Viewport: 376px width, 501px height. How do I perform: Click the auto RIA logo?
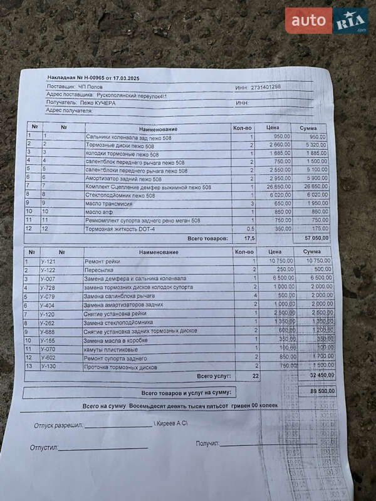[x=326, y=21]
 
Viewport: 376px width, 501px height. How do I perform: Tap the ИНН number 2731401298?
[x=265, y=87]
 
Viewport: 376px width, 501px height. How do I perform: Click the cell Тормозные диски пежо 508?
[x=118, y=145]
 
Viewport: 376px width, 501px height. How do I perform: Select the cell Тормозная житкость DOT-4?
[x=121, y=229]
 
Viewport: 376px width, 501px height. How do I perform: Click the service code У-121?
[x=48, y=261]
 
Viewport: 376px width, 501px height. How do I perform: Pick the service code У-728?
[x=48, y=287]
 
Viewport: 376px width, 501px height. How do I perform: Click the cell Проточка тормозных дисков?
[x=120, y=367]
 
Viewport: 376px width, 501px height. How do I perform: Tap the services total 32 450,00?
[x=322, y=375]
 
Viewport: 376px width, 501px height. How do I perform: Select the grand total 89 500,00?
[x=322, y=391]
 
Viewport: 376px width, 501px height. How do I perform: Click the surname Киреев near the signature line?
[x=169, y=424]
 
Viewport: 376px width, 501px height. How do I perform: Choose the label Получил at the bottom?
[x=207, y=443]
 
